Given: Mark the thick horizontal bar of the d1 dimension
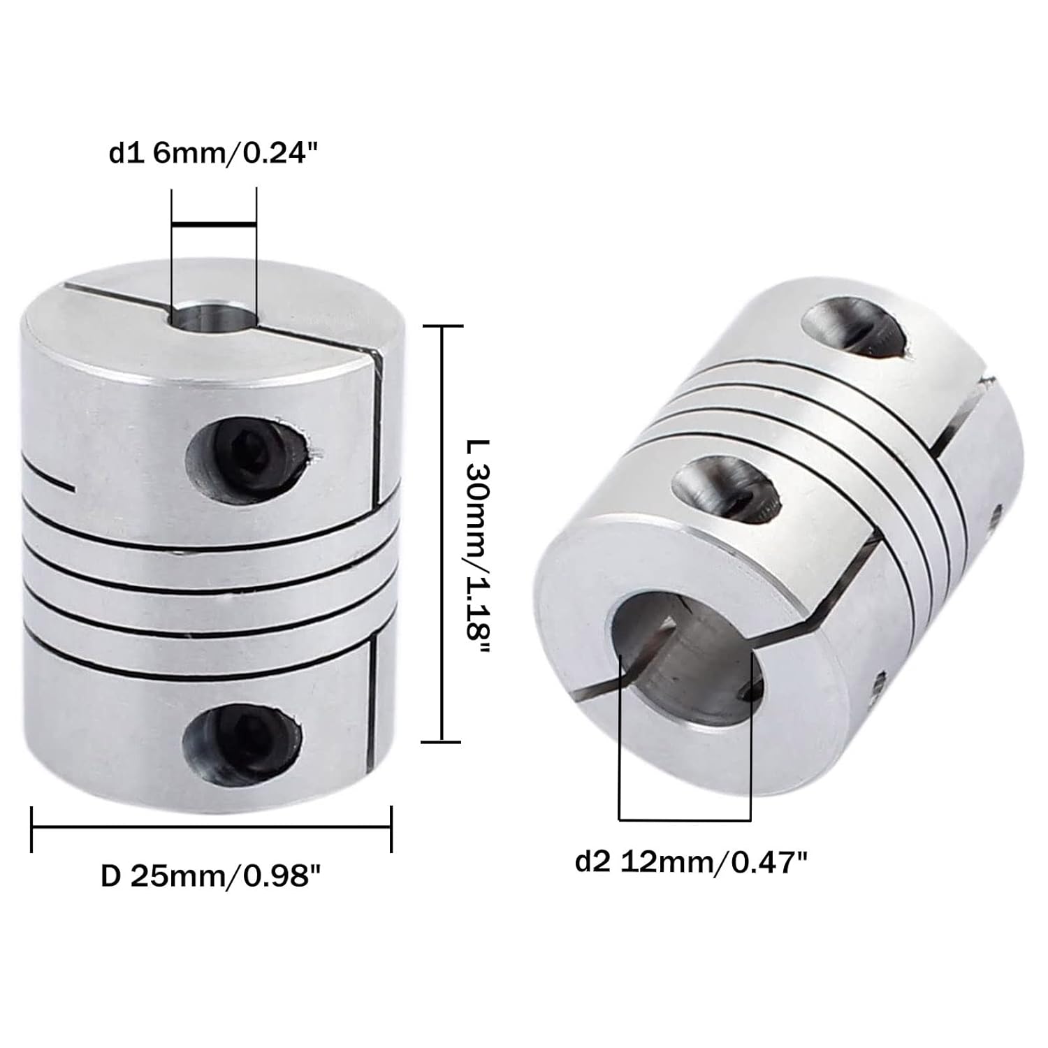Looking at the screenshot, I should (x=214, y=224).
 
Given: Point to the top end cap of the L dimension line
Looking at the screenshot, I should (x=443, y=326).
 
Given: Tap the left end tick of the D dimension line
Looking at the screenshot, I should (x=32, y=829).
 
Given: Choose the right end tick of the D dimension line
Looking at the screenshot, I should (x=391, y=829).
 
